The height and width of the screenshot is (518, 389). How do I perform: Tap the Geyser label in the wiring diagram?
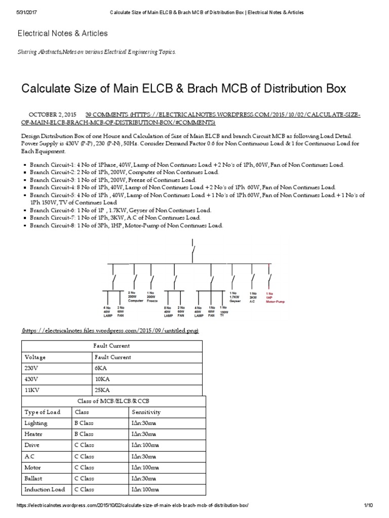(x=235, y=300)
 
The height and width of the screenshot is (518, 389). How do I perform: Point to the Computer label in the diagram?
(x=136, y=300)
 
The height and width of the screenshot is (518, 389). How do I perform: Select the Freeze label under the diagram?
(x=152, y=300)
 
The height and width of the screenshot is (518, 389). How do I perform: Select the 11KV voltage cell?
(x=32, y=391)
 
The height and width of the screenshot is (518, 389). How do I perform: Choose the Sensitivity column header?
(x=146, y=412)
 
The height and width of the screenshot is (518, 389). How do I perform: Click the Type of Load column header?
(x=42, y=412)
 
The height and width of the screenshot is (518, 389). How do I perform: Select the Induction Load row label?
(x=45, y=490)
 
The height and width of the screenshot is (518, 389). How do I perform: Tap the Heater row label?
(x=33, y=434)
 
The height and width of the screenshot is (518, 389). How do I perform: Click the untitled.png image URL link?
(x=110, y=330)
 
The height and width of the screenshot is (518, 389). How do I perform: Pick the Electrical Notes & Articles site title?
(x=63, y=33)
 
